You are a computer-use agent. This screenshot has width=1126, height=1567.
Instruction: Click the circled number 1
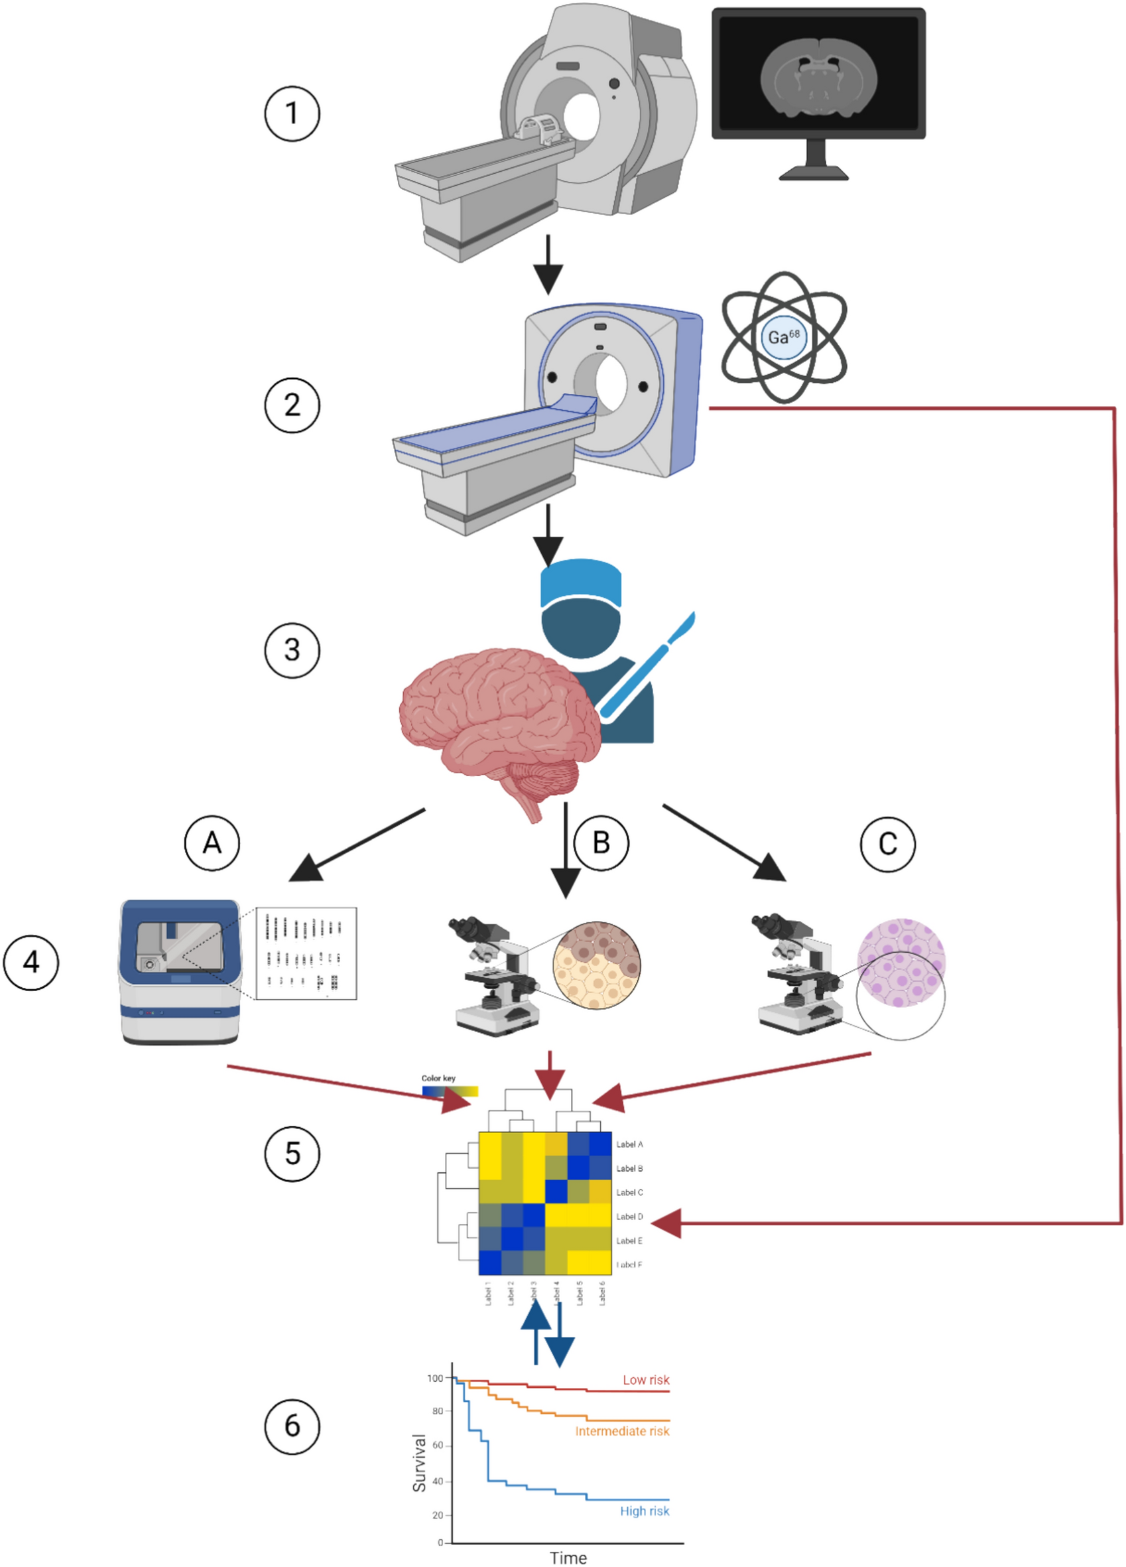pyautogui.click(x=292, y=113)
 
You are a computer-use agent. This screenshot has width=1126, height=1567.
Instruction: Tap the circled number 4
pyautogui.click(x=31, y=962)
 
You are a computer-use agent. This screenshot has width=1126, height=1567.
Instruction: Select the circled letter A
pyautogui.click(x=212, y=843)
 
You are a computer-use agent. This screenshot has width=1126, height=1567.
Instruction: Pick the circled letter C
pyautogui.click(x=888, y=844)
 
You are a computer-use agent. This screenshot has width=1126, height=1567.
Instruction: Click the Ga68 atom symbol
pyautogui.click(x=784, y=337)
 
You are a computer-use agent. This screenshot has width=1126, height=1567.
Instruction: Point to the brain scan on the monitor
pyautogui.click(x=818, y=77)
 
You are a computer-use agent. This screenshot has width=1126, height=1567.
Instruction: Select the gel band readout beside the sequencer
pyautogui.click(x=306, y=953)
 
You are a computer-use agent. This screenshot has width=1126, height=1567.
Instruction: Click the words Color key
pyautogui.click(x=438, y=1078)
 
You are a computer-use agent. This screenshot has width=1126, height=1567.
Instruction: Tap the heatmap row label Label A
pyautogui.click(x=629, y=1144)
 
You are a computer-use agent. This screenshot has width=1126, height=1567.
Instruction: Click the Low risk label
pyautogui.click(x=646, y=1380)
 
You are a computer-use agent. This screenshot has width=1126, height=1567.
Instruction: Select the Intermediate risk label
pyautogui.click(x=622, y=1431)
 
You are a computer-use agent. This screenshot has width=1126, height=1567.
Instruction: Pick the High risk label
pyautogui.click(x=644, y=1511)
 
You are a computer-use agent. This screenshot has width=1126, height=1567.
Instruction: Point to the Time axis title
pyautogui.click(x=568, y=1558)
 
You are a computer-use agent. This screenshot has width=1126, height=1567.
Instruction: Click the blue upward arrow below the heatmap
pyautogui.click(x=535, y=1330)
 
